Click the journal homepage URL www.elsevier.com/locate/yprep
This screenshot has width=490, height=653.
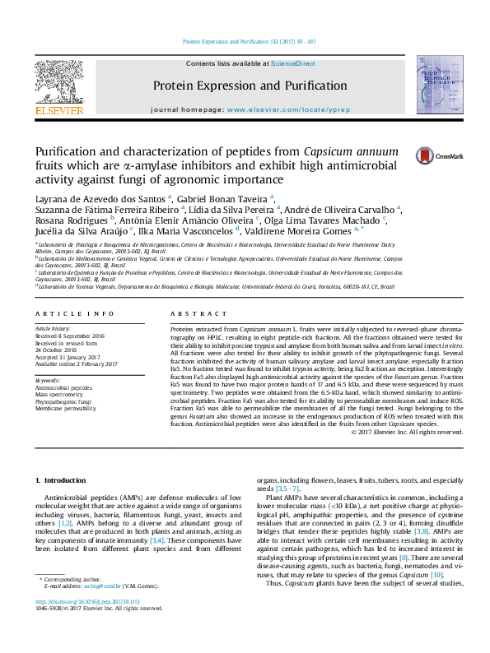pos(279,110)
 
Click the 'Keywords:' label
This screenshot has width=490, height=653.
pos(49,381)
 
